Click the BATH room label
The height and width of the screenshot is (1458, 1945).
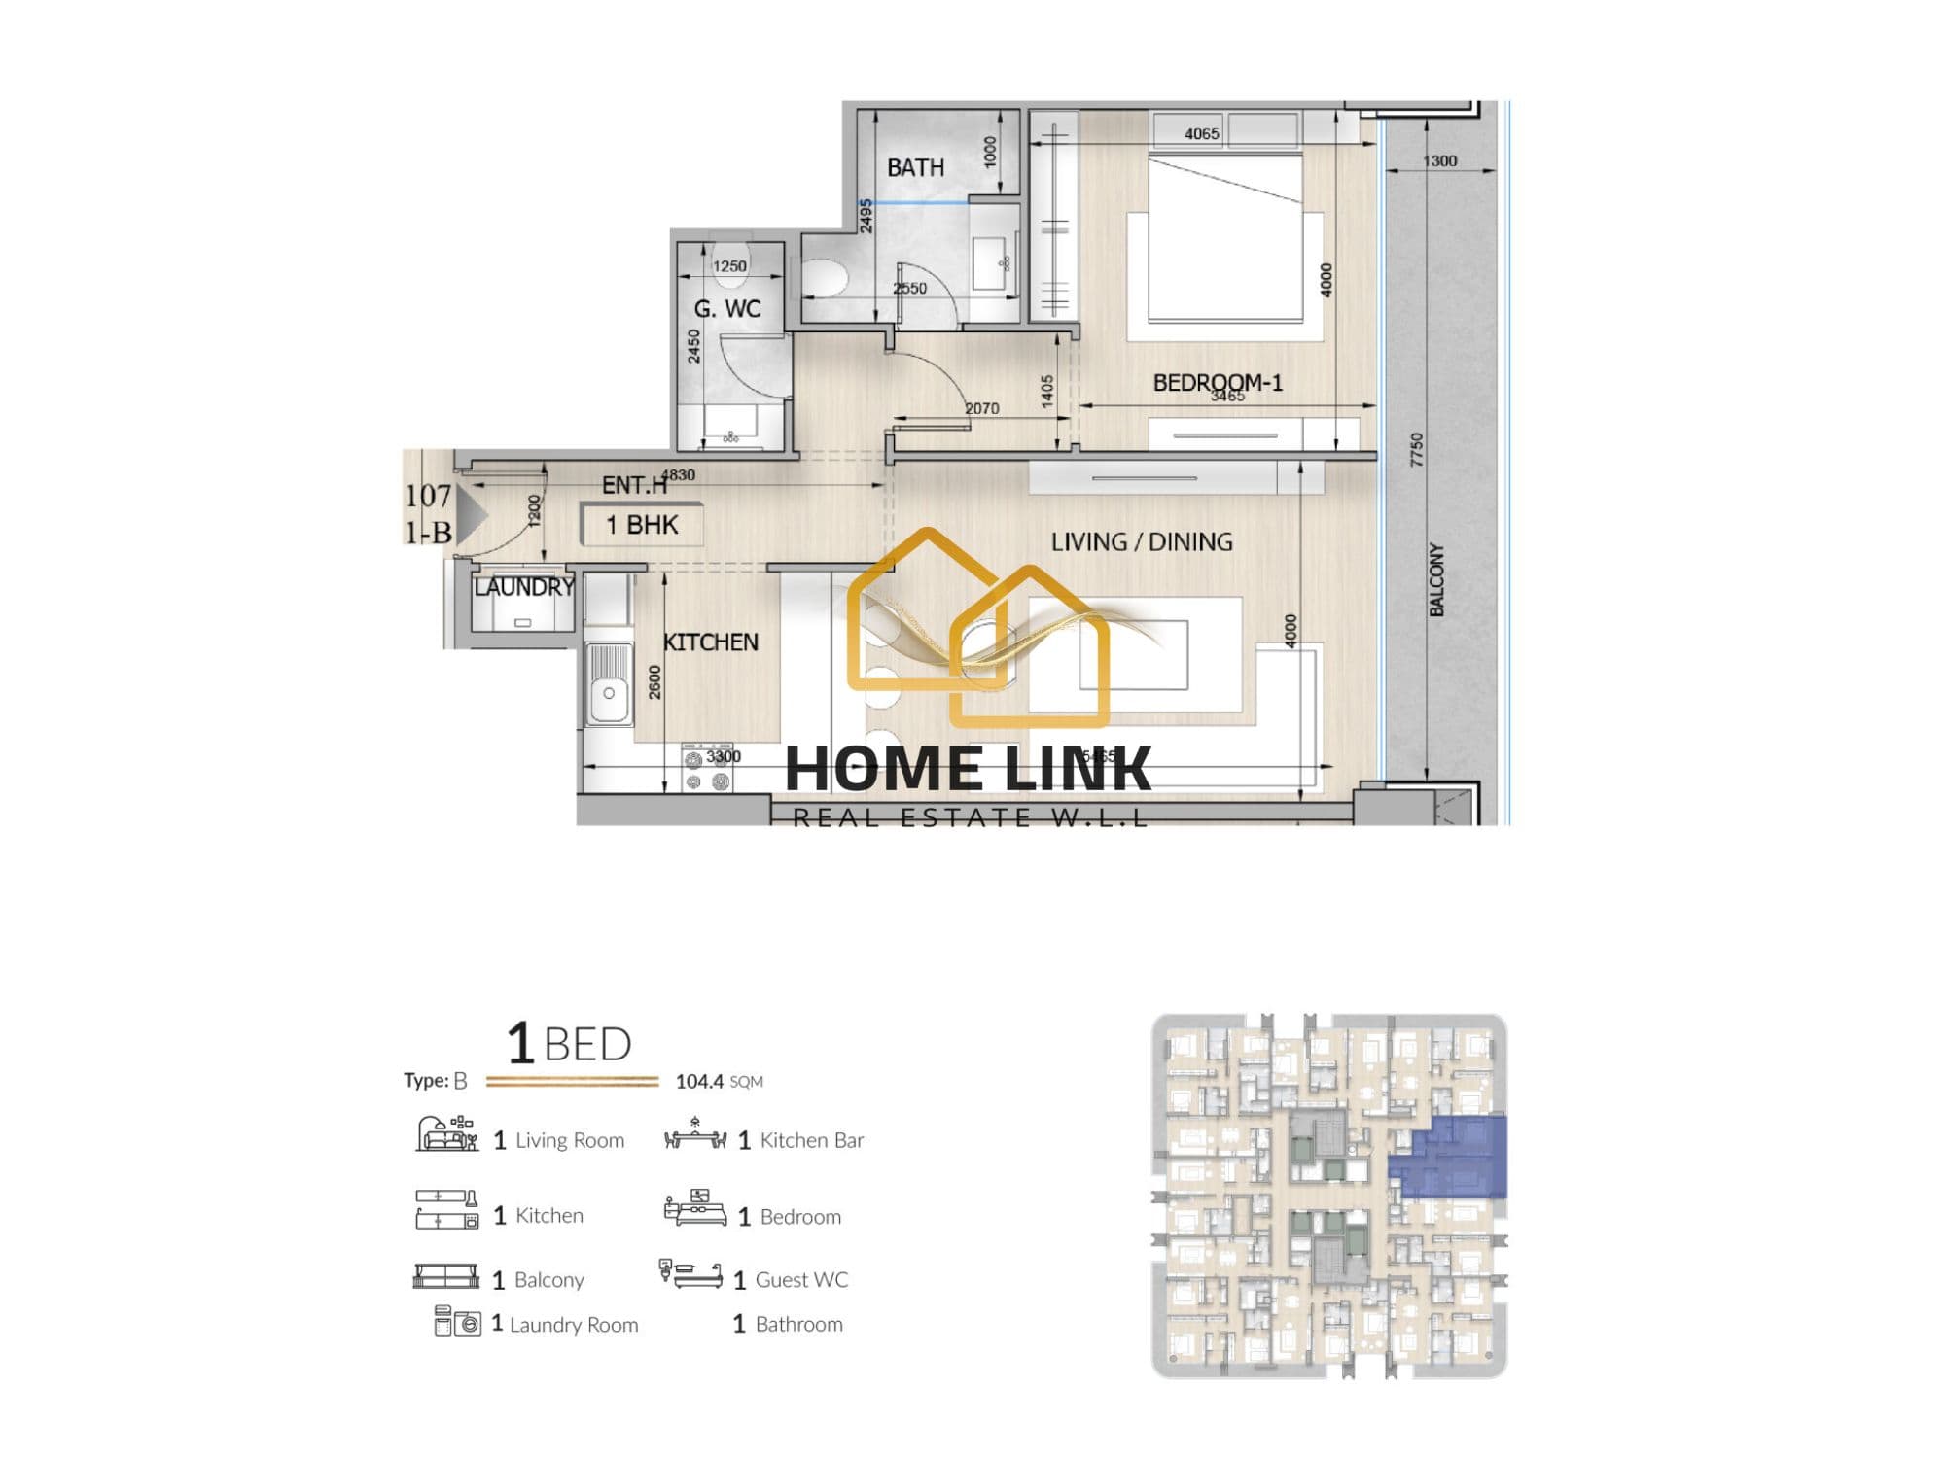click(x=915, y=168)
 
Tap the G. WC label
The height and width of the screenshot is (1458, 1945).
click(x=726, y=309)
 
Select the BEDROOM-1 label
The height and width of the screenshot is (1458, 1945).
click(x=1218, y=382)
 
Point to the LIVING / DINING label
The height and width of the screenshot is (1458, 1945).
click(x=1142, y=541)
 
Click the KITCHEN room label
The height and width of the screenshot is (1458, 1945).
click(x=710, y=642)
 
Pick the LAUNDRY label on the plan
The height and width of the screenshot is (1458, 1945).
click(x=524, y=587)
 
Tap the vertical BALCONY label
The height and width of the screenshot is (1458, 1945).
click(x=1436, y=579)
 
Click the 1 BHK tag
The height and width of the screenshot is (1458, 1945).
click(x=642, y=525)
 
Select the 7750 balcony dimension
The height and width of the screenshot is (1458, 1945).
click(x=1416, y=449)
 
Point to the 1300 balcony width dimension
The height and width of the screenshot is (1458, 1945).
click(x=1439, y=161)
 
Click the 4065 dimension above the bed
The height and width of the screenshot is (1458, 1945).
click(x=1201, y=134)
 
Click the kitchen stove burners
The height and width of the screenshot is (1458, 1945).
click(x=707, y=769)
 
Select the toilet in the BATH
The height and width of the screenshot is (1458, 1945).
click(x=826, y=278)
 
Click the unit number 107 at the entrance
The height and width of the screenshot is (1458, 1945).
click(x=428, y=497)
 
